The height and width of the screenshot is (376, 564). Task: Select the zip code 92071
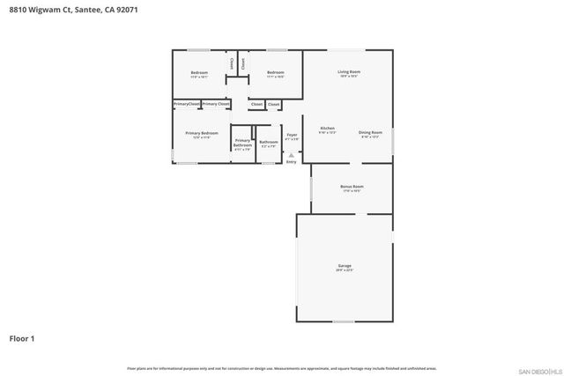point(124,10)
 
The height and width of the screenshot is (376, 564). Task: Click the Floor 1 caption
point(22,337)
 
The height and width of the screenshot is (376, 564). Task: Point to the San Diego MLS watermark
point(538,371)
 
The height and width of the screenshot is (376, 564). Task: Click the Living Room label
point(349,71)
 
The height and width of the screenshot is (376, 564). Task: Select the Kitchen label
point(327,129)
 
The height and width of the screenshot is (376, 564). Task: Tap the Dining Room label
point(370,132)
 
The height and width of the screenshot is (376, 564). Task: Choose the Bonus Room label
point(352,187)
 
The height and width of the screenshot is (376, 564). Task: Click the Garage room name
point(345,265)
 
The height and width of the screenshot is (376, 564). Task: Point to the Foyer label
point(291,135)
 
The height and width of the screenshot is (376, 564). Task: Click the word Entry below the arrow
point(291,162)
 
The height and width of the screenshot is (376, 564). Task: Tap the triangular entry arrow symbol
point(291,155)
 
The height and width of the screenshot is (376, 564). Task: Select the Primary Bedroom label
point(201,133)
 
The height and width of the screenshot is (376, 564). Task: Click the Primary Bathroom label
point(242,143)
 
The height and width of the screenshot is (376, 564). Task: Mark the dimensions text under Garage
point(345,270)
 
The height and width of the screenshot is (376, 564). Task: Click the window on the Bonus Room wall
point(310,188)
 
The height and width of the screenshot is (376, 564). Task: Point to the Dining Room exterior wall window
point(392,140)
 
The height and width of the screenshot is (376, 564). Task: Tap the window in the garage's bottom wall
point(343,321)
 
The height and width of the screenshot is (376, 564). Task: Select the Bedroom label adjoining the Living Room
point(275,72)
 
